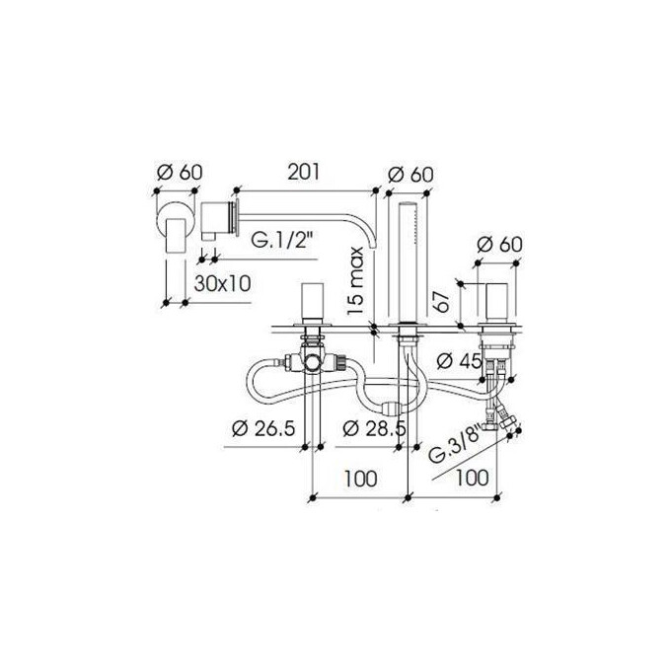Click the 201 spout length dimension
(303, 172)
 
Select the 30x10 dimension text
(222, 283)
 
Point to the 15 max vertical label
(355, 280)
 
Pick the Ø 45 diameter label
(460, 361)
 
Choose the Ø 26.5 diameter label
(263, 428)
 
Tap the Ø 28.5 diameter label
(374, 428)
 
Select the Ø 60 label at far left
(180, 172)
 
